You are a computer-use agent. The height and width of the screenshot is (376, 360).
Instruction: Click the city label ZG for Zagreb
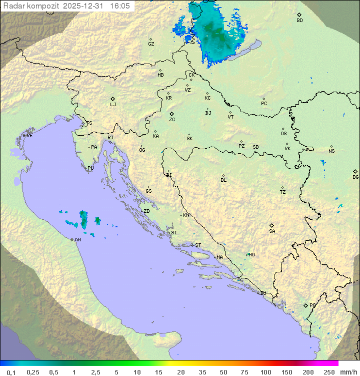[172, 120]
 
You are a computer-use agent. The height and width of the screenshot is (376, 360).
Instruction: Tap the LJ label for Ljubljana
[113, 105]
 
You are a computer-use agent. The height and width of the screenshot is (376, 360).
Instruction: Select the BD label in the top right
[299, 21]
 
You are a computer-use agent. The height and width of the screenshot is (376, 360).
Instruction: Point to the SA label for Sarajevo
[272, 231]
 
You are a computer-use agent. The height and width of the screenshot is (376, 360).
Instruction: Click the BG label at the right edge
[355, 177]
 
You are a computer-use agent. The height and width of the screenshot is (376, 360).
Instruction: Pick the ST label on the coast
[198, 245]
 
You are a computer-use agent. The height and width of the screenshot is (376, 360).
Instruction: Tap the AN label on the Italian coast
[77, 240]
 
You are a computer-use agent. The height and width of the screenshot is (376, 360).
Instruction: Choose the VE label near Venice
[29, 136]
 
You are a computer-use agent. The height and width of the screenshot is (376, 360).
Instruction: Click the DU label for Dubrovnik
[263, 293]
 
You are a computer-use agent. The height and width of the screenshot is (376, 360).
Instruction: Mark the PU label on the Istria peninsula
[90, 168]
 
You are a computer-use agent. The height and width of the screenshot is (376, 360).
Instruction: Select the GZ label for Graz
[151, 44]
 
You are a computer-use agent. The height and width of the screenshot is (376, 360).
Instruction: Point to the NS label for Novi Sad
[331, 151]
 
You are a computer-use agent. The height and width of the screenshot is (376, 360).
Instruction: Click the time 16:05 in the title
[120, 6]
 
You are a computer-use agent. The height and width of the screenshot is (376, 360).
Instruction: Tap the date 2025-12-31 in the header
[86, 6]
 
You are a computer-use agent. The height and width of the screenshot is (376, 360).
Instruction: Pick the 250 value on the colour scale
[329, 372]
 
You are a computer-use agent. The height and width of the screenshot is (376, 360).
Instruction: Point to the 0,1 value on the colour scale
[11, 372]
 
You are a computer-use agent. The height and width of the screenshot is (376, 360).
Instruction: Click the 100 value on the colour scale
[265, 372]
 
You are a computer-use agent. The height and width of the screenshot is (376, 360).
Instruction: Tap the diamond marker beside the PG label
[306, 305]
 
